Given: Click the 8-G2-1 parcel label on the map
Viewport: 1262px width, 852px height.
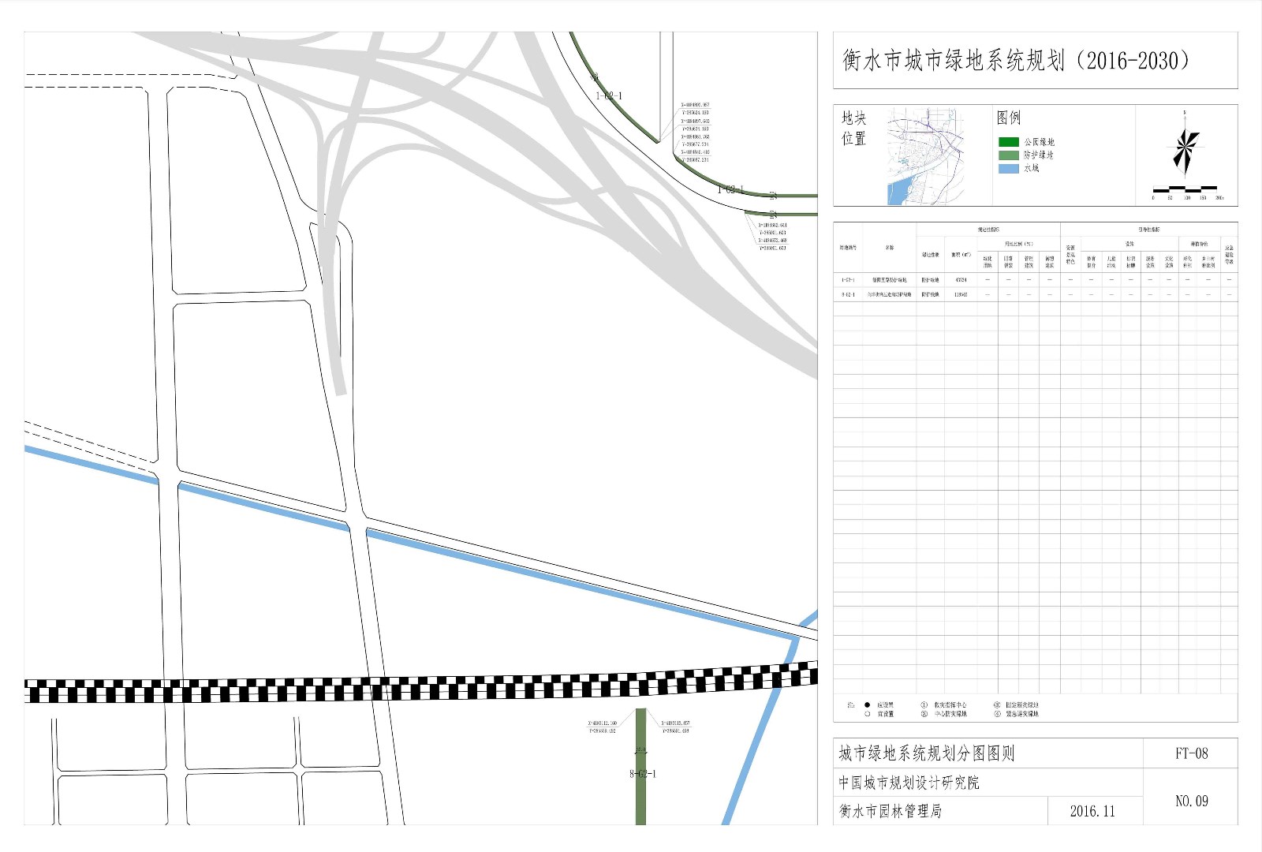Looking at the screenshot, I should click(x=642, y=774).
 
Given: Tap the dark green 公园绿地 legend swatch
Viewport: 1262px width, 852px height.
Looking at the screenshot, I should click(x=1009, y=142).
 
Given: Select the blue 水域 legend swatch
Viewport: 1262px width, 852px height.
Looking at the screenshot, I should click(x=1009, y=168).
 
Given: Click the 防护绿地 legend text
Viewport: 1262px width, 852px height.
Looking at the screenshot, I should click(x=1039, y=155).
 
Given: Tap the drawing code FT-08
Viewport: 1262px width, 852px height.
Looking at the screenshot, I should click(x=1191, y=753).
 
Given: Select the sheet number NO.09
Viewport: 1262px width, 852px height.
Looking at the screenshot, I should click(x=1191, y=801).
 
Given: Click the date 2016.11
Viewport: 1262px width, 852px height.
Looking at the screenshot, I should click(x=1092, y=811).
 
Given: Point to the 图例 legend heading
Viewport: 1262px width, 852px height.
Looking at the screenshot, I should click(x=1009, y=118).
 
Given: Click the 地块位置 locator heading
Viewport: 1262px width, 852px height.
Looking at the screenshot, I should click(x=853, y=128).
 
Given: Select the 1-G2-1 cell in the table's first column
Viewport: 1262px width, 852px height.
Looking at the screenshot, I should click(x=847, y=280).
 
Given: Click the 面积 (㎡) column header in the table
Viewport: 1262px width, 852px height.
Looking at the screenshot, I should click(x=960, y=255).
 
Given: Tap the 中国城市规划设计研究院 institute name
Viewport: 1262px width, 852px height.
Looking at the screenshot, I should click(x=909, y=783).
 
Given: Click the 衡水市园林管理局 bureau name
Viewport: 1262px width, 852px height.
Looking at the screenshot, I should click(x=890, y=811).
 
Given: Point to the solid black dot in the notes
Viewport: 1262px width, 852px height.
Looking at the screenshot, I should click(x=867, y=704).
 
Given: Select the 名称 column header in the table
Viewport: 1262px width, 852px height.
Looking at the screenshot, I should click(x=889, y=248).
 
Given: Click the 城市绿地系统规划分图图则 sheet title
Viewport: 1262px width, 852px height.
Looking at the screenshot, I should click(x=926, y=753).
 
